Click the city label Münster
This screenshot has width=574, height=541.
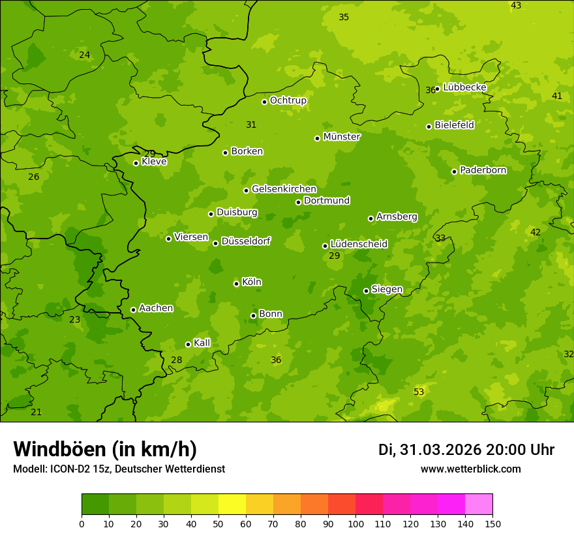[342, 137]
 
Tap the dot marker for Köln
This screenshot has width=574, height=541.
[236, 284]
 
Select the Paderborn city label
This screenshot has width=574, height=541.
[483, 170]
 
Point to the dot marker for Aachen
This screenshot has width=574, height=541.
[134, 310]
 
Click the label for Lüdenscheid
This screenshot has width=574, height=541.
[359, 244]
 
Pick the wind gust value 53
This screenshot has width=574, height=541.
[419, 392]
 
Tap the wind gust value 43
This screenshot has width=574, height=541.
[516, 5]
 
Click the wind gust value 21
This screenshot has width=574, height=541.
[37, 412]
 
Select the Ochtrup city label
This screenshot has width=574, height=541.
[288, 100]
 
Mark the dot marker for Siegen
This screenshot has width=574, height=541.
[366, 291]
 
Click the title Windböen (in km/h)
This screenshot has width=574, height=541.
[105, 450]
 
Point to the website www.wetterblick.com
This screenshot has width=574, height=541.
[471, 469]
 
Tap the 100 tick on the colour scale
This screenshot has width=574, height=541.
[355, 523]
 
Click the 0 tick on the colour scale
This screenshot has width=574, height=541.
[82, 523]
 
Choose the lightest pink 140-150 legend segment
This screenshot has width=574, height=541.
[479, 504]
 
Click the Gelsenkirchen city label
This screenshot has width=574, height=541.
[284, 189]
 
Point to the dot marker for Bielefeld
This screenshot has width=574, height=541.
[429, 126]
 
